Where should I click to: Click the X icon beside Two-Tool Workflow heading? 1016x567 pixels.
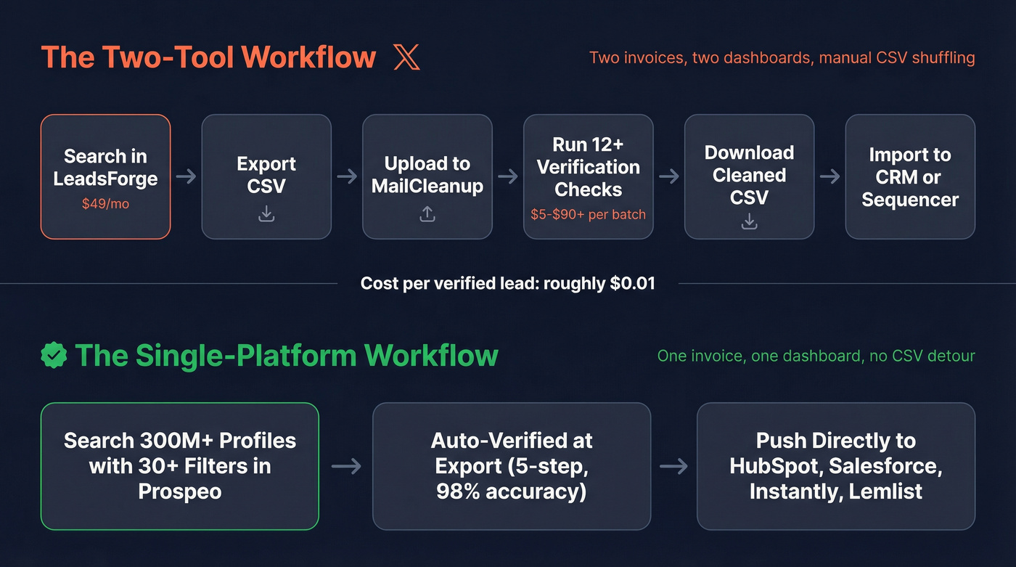[x=406, y=57]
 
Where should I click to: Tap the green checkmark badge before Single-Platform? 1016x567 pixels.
[x=54, y=355]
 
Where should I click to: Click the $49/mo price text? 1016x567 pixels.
[x=105, y=204]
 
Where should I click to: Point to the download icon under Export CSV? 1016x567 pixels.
[x=266, y=213]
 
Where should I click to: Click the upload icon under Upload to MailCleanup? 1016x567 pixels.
[x=427, y=213]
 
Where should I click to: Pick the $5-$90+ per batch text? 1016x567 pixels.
[x=588, y=214]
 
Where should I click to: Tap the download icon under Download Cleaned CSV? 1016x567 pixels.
[x=749, y=221]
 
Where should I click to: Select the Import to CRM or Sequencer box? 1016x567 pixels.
[x=909, y=176]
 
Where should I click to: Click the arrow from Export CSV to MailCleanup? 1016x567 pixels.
[x=347, y=176]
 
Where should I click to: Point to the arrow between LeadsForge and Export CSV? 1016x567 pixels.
[x=186, y=176]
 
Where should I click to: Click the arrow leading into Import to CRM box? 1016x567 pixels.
[x=829, y=176]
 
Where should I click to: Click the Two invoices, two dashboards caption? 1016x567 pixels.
[x=782, y=57]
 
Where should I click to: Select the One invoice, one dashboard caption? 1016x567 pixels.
[x=816, y=356]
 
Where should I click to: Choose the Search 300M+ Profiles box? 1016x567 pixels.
[x=179, y=466]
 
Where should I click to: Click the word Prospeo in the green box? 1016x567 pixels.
[x=179, y=491]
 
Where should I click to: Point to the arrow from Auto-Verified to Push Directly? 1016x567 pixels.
[x=673, y=466]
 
